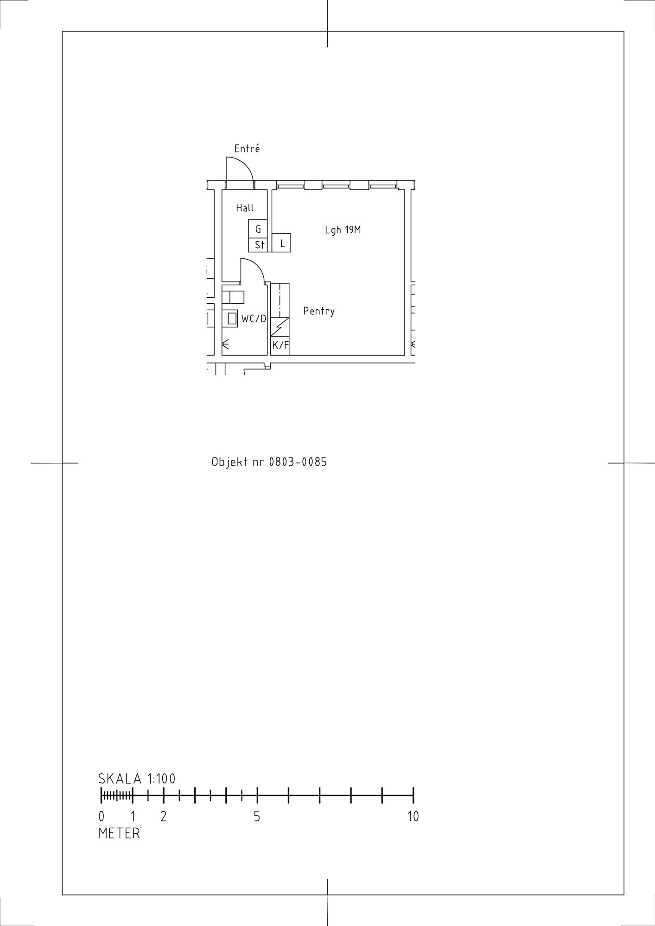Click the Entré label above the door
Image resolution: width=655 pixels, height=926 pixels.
click(247, 149)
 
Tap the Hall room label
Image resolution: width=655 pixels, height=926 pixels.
click(245, 208)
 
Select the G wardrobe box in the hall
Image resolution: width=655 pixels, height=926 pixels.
click(258, 229)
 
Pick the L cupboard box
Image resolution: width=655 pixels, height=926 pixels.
click(281, 243)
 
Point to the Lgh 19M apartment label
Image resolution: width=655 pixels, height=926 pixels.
click(343, 230)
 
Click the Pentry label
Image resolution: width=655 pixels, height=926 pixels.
click(319, 311)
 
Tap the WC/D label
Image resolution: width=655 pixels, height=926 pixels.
click(254, 319)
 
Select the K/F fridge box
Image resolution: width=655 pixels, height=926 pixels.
click(280, 345)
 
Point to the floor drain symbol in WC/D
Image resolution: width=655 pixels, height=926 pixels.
click(226, 344)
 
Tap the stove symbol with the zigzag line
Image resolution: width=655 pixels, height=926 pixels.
click(280, 327)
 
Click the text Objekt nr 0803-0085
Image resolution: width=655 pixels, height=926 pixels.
click(269, 462)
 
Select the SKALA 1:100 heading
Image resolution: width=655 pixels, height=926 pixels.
click(137, 779)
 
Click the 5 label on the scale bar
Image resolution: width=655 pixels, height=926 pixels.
click(257, 817)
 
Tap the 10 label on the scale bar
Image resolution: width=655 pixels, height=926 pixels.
click(413, 817)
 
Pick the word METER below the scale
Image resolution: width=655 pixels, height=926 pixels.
click(119, 833)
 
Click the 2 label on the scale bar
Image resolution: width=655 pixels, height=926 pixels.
click(163, 817)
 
